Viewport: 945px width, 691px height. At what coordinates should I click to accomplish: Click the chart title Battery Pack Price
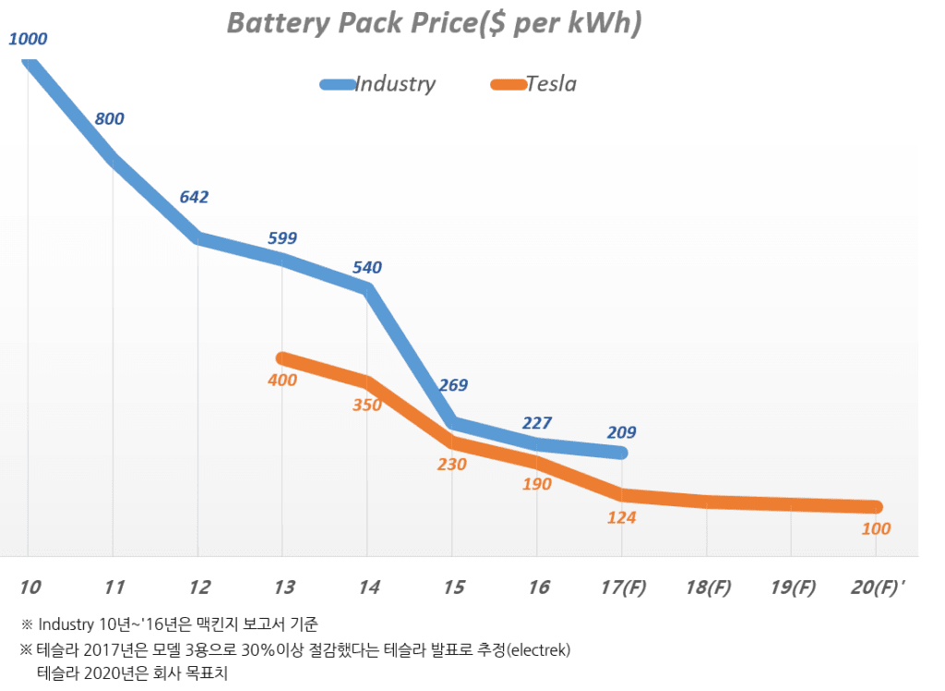pos(434,25)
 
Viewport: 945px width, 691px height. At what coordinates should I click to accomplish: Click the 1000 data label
pos(28,40)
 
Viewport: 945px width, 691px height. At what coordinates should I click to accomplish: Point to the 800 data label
pos(109,119)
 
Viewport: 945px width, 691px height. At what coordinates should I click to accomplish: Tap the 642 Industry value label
pos(194,197)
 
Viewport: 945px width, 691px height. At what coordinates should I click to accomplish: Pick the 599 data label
pos(282,238)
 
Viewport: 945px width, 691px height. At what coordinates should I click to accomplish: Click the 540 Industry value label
pos(366,268)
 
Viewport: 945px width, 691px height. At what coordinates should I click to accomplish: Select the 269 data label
pos(453,385)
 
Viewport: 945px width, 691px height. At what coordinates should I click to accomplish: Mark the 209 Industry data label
pos(621,432)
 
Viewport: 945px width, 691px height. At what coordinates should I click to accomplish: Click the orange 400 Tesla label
pos(282,381)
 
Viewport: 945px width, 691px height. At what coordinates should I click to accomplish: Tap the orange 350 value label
pos(366,405)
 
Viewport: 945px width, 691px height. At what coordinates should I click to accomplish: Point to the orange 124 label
pos(621,518)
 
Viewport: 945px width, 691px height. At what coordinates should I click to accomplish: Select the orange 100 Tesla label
pos(876,529)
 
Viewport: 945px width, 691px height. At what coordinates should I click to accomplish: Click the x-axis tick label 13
pos(283,588)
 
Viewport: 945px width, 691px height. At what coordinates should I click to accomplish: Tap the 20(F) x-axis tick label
pos(876,588)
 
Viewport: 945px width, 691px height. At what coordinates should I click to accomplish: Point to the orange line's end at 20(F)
pos(876,507)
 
